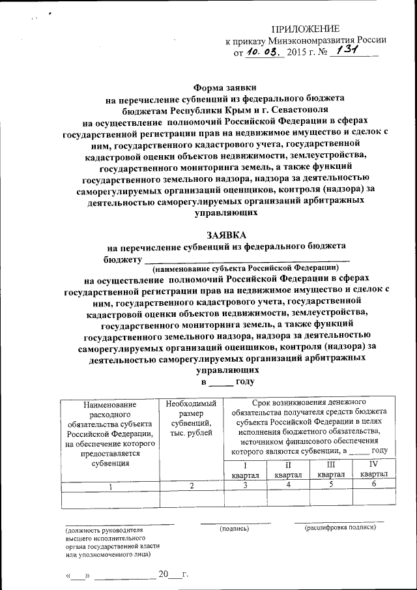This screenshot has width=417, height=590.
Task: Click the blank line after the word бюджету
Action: [251, 259]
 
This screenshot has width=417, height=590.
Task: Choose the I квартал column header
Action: [245, 470]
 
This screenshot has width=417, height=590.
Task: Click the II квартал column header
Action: [287, 470]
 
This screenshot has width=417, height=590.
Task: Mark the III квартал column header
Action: [330, 470]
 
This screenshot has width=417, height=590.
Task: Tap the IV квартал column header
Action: [373, 469]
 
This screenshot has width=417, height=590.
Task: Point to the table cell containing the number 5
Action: [330, 485]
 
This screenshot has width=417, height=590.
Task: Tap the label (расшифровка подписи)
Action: [339, 527]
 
